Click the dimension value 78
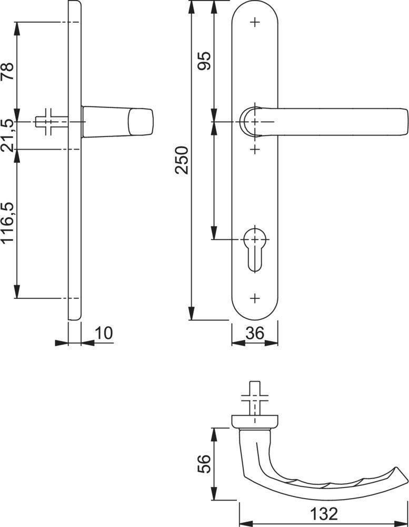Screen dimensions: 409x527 tap(7, 71)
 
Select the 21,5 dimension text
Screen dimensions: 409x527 tap(7, 135)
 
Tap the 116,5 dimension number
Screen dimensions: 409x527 tap(7, 222)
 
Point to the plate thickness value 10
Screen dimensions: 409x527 tap(104, 333)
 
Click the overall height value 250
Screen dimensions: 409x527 tap(182, 160)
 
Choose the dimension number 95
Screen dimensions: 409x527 tap(204, 61)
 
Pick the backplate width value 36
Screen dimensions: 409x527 tap(255, 333)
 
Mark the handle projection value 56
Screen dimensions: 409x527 tap(204, 464)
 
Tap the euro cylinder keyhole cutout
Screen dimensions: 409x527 tap(255, 249)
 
